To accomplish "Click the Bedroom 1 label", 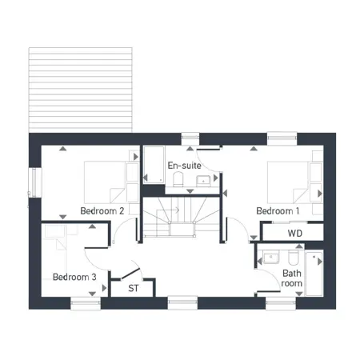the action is point(278,211).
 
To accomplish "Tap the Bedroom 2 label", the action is point(102,211).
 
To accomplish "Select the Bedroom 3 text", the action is point(74,277).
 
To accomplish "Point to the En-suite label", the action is point(184,166).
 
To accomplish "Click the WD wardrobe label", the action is point(295,234).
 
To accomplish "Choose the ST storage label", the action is point(134,288).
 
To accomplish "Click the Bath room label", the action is point(292,278).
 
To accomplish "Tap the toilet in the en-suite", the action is point(178,179).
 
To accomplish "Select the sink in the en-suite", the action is point(203,181).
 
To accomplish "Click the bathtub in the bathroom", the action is point(314,274).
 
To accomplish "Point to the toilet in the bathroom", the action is point(294,258).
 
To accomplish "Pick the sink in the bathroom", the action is point(271,257).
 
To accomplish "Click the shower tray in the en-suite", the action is point(154,165).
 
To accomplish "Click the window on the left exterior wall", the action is point(35,182).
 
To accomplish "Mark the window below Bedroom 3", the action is point(86,303).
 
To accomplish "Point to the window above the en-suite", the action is point(190,138).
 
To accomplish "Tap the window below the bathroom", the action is point(281,303).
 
